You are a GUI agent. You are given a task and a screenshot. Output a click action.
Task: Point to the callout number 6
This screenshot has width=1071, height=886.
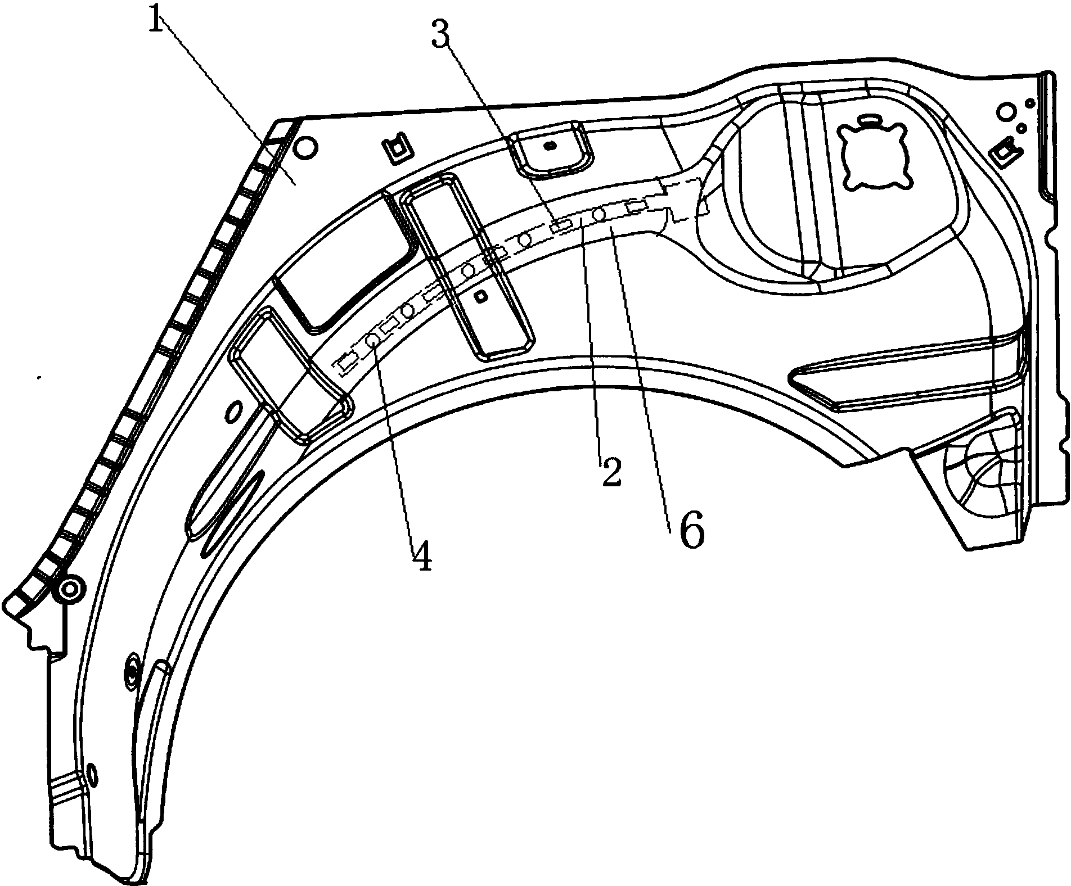[691, 531]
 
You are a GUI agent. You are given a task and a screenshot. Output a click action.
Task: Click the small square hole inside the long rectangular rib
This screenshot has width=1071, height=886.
[480, 297]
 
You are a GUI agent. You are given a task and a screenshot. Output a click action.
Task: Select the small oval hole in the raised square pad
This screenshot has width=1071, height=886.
[551, 145]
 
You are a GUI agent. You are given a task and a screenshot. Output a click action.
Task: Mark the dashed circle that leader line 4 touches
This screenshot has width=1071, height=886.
[372, 340]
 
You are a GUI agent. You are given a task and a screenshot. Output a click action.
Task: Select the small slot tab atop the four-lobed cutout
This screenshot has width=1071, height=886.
[870, 119]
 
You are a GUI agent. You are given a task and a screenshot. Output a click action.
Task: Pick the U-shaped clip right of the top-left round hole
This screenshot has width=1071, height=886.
[397, 148]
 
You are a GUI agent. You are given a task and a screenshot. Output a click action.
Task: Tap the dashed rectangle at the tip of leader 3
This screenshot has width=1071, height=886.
[561, 226]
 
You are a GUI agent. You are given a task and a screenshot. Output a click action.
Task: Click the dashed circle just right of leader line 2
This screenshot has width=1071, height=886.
[598, 214]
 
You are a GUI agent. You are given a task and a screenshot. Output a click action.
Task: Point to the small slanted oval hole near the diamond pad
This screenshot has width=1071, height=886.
[231, 413]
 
